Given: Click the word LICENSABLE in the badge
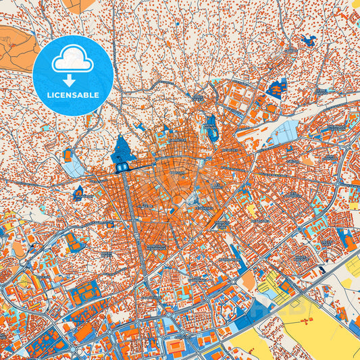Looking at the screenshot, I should [x=72, y=96].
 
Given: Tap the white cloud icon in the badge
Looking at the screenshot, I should [x=72, y=60].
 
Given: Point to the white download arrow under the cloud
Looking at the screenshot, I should [x=72, y=80].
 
